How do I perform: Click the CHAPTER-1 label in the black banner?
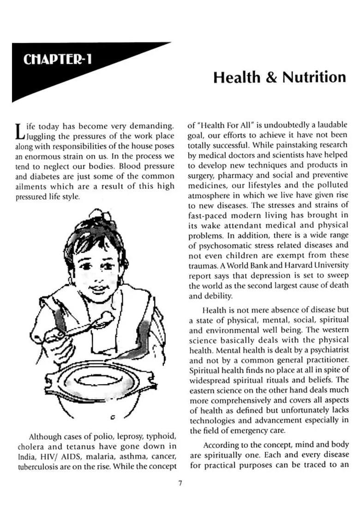tap(57, 59)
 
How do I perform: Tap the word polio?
tap(92, 436)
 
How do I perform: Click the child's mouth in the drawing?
tap(99, 289)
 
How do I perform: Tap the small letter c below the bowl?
tap(113, 418)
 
